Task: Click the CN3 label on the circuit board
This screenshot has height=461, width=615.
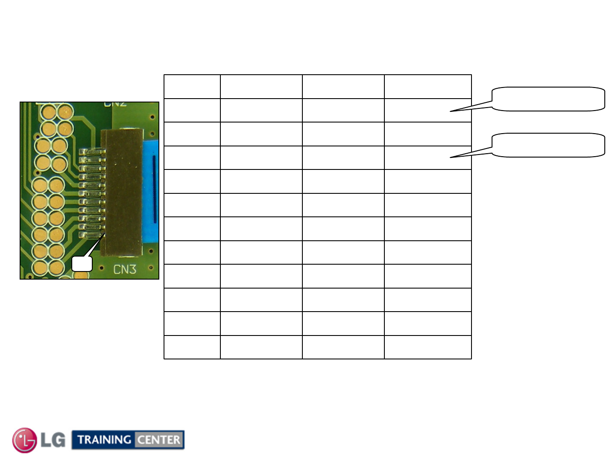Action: coord(125,269)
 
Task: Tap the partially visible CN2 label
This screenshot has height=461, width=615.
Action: coord(115,104)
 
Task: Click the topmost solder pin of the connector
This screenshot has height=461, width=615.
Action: coord(92,152)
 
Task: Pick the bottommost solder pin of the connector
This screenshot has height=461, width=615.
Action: coord(91,234)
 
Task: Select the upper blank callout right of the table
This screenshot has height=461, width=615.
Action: coord(548,99)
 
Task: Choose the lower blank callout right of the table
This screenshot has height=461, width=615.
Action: coord(548,145)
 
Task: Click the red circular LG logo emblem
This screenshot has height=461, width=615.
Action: coord(25,440)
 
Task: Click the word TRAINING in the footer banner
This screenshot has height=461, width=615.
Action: coord(104,440)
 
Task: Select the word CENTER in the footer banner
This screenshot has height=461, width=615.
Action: coord(159,440)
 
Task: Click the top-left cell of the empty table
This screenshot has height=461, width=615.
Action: coord(192,87)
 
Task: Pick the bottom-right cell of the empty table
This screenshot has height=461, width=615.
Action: coord(428,347)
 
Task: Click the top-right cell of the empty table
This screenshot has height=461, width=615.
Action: coord(428,87)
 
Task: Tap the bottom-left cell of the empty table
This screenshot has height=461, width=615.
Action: coord(192,347)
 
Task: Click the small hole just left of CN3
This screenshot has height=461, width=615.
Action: coord(101,268)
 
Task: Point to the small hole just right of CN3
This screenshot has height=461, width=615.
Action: coord(151,268)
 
